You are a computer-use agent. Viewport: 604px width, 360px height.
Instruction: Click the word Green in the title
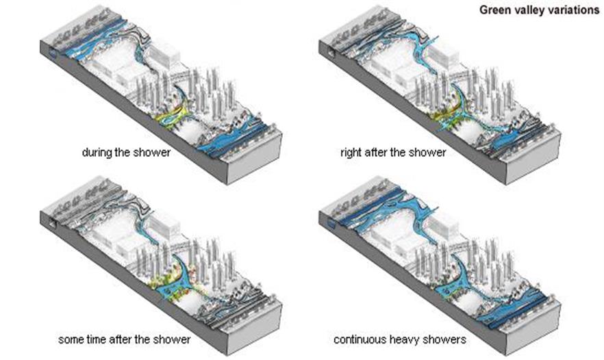point(494,10)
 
